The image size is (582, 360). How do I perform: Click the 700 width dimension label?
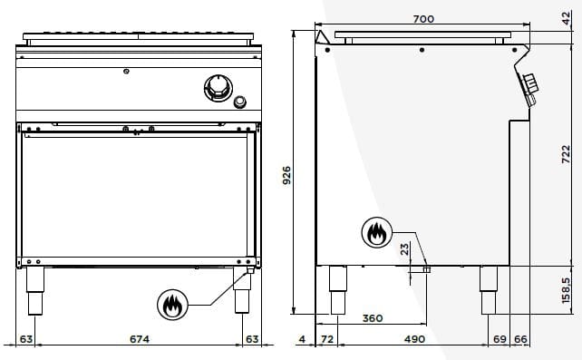(423, 18)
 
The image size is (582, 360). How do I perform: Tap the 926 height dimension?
(286, 176)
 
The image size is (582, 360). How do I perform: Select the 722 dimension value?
(566, 154)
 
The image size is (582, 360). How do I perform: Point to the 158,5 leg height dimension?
(566, 290)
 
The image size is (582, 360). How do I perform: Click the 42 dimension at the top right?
(566, 18)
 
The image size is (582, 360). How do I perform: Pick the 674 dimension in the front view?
(140, 339)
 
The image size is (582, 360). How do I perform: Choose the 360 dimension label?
(373, 318)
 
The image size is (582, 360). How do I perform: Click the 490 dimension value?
(414, 339)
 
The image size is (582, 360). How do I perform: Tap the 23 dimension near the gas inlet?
(405, 248)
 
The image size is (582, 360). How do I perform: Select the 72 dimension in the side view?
(327, 339)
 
